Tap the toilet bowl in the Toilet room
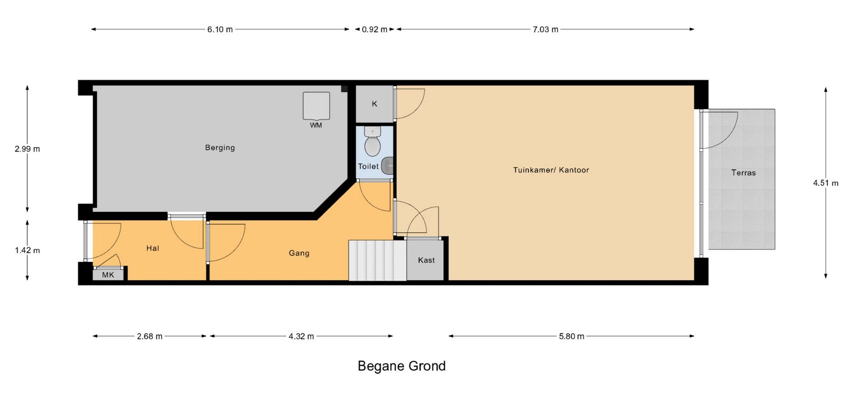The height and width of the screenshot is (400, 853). [372, 142]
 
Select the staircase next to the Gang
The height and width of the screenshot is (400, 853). [377, 260]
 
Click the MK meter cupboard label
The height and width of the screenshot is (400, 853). [108, 275]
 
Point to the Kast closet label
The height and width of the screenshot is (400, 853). [426, 260]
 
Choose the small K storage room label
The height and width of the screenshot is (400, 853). [375, 104]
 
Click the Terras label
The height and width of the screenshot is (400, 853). [743, 172]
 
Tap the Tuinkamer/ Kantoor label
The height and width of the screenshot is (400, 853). [551, 170]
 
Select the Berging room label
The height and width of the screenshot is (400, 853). [220, 148]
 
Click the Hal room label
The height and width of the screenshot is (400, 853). [152, 248]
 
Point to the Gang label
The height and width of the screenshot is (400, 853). [299, 253]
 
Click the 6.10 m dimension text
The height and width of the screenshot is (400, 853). [220, 29]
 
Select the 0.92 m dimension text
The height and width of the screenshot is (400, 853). [375, 29]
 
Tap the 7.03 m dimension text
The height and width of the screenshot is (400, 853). [546, 29]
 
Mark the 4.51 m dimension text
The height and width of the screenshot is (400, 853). [826, 183]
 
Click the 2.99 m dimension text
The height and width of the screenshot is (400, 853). [27, 149]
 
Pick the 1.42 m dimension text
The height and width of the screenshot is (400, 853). [27, 250]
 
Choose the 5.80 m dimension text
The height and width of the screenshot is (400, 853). [571, 336]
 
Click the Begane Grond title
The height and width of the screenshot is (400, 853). [402, 366]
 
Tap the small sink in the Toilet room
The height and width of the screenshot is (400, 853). [387, 165]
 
